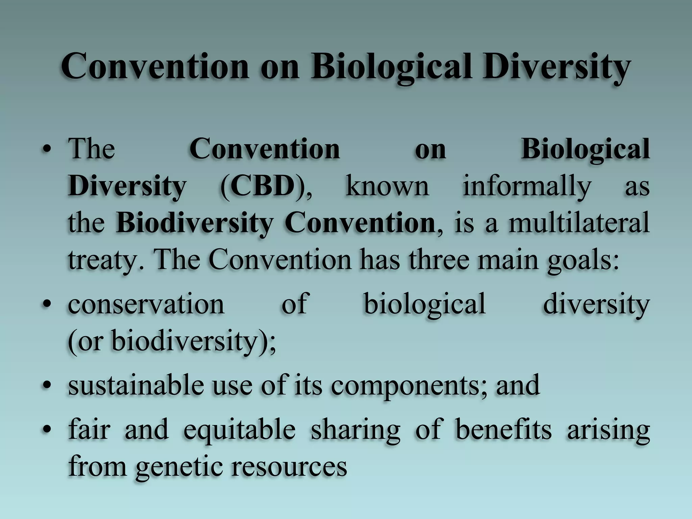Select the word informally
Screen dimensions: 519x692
pos(527,186)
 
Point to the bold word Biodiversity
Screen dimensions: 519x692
pos(194,223)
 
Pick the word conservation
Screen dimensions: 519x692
pos(146,303)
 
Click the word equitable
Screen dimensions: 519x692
pos(240,429)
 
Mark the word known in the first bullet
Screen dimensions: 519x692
pos(387,186)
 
